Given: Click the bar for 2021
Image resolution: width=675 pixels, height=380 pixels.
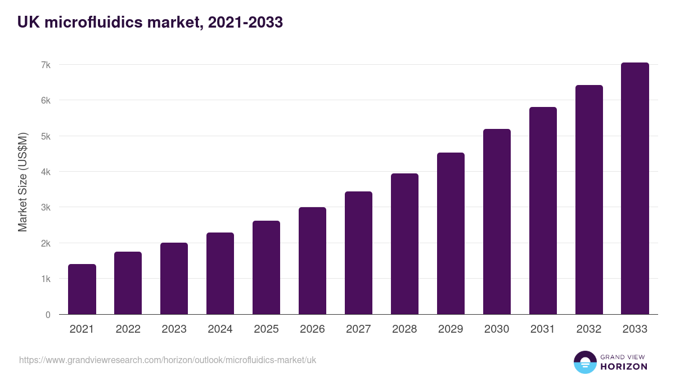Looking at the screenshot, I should [x=82, y=289].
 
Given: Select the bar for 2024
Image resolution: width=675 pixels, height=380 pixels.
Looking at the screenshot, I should [x=220, y=274].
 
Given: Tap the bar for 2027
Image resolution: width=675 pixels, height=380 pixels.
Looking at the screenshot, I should [x=358, y=253].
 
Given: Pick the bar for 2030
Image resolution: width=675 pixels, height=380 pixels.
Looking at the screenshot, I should [x=497, y=222].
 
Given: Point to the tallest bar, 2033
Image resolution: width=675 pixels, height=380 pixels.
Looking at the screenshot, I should [x=635, y=189].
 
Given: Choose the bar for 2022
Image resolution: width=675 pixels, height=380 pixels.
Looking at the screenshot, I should [x=128, y=283].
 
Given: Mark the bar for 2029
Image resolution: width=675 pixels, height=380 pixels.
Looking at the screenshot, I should [x=451, y=234].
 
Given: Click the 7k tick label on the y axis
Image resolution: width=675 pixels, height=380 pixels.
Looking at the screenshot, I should [x=46, y=65].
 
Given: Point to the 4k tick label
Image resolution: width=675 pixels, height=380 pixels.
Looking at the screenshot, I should [x=46, y=172].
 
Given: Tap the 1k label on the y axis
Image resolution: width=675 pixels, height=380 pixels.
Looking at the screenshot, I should [x=46, y=279].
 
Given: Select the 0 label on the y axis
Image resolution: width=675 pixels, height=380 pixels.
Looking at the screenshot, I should [x=48, y=315].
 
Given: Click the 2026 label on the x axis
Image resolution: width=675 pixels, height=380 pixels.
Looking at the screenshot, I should [x=312, y=329].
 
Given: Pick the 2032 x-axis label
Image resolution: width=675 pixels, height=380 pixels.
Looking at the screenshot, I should [x=589, y=329].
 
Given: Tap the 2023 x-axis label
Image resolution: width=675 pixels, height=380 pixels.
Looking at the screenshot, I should [x=174, y=329].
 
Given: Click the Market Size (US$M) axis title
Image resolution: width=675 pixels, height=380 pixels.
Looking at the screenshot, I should [x=23, y=182].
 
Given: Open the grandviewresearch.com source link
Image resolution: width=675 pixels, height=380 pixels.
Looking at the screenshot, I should [x=168, y=360].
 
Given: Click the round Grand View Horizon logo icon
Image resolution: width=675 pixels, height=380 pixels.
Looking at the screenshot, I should [x=585, y=362].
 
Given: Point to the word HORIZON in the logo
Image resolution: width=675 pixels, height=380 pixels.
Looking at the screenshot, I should [x=624, y=366].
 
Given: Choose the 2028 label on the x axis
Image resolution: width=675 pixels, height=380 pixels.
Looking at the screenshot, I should [x=404, y=329].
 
